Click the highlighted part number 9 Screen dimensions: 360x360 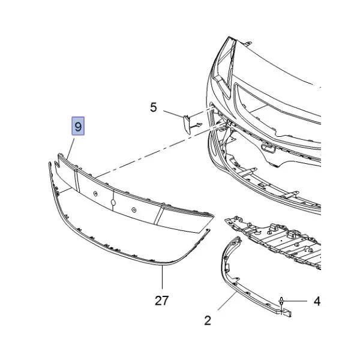(78, 126)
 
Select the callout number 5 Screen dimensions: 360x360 (154, 107)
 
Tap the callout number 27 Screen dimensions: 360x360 (162, 301)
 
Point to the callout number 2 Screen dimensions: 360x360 (208, 320)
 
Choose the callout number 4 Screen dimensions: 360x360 (317, 301)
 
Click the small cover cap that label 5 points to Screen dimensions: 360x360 (187, 124)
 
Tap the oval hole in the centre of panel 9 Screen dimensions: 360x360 (113, 202)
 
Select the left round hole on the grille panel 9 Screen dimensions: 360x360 (95, 194)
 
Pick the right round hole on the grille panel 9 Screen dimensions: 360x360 (134, 209)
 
